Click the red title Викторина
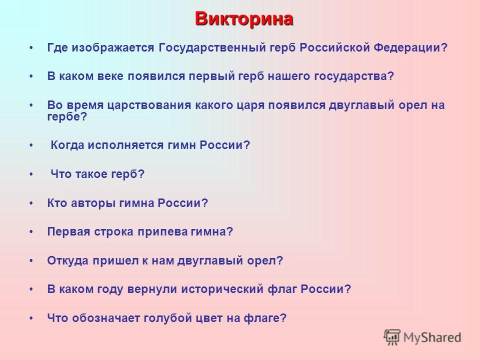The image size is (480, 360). coord(244,19)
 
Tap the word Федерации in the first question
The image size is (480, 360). coord(407,48)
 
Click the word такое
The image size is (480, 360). coord(91,174)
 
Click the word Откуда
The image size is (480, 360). coord(68,261)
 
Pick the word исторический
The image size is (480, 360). coord(222,289)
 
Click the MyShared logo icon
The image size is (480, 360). coord(392,337)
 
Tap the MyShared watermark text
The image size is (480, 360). coord(432,337)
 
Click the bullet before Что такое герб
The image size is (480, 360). coord(31,174)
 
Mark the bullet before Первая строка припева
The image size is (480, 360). coord(31,232)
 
